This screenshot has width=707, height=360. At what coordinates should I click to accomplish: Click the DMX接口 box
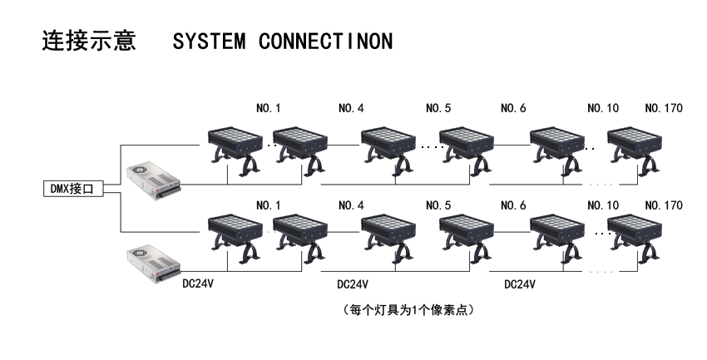[72, 189]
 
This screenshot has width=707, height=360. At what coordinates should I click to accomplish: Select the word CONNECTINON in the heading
[325, 42]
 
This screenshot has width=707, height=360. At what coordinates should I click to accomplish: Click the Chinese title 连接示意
[89, 42]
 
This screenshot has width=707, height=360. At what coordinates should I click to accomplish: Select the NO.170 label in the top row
[664, 109]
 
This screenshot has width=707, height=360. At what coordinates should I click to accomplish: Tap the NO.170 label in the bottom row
[664, 205]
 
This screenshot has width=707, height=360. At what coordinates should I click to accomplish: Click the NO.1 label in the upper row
[269, 109]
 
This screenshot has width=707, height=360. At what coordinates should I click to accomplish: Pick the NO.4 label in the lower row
[351, 205]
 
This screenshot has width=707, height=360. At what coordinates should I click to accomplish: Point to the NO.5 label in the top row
[438, 109]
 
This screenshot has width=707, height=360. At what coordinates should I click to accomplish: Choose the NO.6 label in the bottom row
[513, 205]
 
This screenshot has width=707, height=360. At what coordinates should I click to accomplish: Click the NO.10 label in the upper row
[602, 109]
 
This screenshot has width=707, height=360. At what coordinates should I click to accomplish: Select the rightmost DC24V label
[520, 284]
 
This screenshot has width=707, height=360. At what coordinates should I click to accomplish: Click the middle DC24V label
[353, 284]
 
